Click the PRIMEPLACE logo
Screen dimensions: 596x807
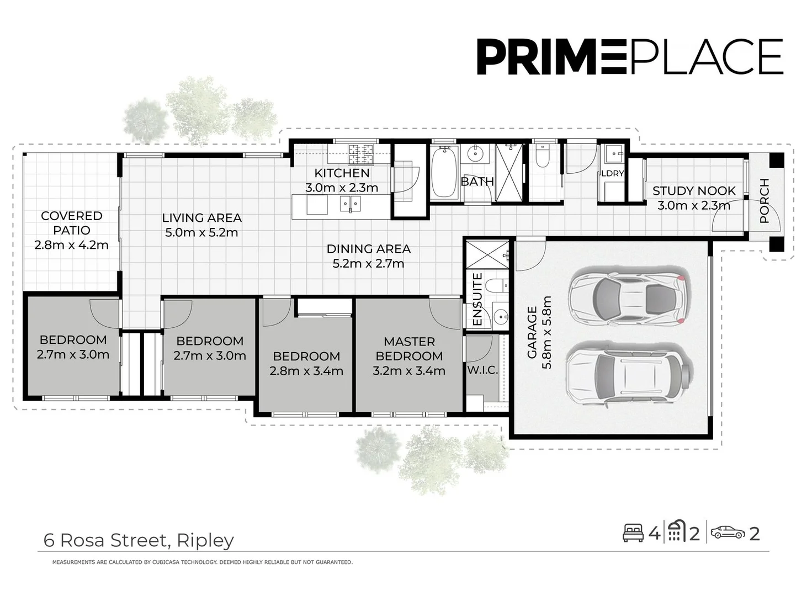tap(629, 56)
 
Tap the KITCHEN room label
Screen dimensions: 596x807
tap(342, 173)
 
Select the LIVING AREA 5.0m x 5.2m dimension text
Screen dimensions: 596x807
tap(201, 232)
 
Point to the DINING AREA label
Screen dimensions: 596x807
tap(368, 249)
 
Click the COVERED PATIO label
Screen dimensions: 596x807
tap(71, 223)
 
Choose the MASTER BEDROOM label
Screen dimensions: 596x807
tap(409, 349)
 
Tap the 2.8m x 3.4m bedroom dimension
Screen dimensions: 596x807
tap(306, 371)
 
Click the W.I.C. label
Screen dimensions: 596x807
tap(482, 371)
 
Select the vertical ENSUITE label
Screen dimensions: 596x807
tap(477, 299)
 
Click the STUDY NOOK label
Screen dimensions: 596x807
tap(694, 191)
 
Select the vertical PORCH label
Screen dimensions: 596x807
tap(764, 200)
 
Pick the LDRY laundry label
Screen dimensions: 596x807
tap(612, 173)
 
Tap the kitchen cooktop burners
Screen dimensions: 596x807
tap(360, 155)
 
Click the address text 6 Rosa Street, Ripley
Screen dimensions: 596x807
tap(139, 540)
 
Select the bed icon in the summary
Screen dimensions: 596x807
tap(633, 533)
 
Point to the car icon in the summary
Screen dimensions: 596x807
tap(728, 533)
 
